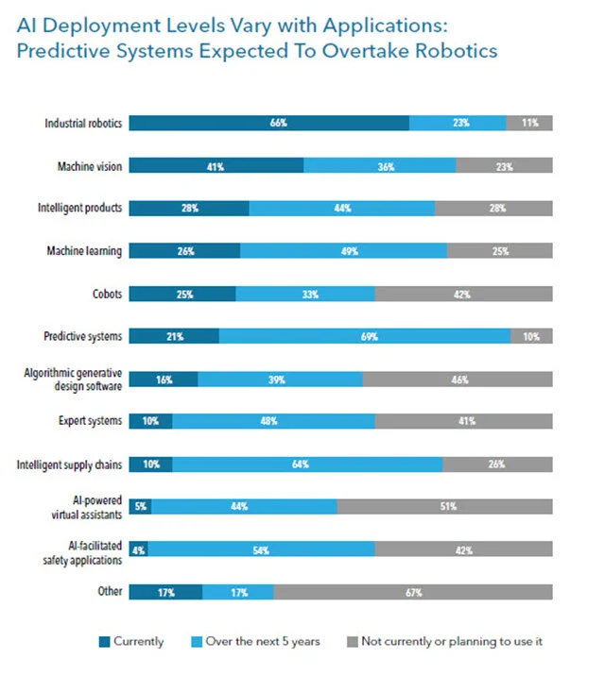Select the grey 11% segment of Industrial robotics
(529, 123)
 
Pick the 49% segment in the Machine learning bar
(343, 251)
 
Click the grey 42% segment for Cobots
(463, 294)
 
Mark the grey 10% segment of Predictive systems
(531, 336)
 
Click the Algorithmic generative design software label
(74, 379)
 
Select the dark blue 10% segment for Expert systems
(150, 421)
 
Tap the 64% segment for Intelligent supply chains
(307, 464)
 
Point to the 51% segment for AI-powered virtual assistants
(444, 507)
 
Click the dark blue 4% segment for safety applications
(138, 549)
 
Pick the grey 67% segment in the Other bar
(413, 592)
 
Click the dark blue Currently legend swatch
(102, 642)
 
